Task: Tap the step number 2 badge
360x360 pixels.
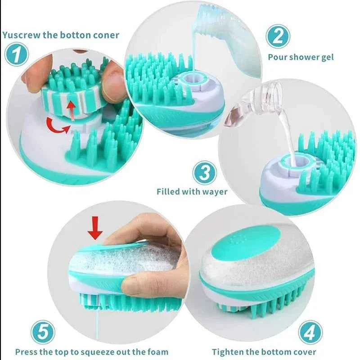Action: coord(278,36)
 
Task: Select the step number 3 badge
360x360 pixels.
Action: coord(205,173)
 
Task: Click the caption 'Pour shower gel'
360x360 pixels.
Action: coord(301,57)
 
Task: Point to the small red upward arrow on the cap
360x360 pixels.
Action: coord(70,108)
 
